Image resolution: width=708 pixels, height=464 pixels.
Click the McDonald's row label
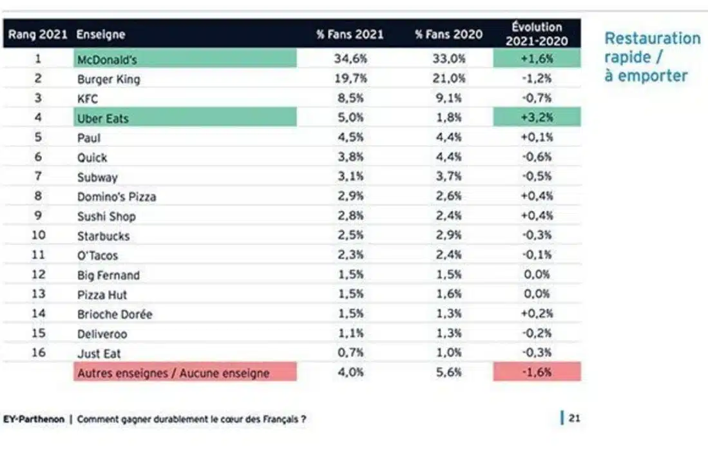pos(107,59)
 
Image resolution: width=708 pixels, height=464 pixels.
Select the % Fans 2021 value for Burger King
pos(350,79)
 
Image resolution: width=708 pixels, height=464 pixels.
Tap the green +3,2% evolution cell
pos(537,117)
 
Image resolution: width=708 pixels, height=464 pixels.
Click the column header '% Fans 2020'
pos(448,34)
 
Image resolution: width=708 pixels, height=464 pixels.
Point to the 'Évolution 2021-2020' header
pos(537,34)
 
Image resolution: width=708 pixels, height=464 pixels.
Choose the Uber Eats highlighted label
pos(103,118)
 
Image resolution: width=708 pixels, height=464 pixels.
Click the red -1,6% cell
pos(537,372)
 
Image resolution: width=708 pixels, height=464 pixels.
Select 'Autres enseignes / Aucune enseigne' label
pos(173,372)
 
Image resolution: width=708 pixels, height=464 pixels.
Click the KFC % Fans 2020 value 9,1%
pos(448,99)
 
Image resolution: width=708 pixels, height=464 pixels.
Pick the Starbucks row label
pos(103,236)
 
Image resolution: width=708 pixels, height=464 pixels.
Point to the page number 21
pos(573,418)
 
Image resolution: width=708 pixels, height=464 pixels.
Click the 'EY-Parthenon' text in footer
pos(33,419)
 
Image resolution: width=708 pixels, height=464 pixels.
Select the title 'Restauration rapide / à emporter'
pos(652,57)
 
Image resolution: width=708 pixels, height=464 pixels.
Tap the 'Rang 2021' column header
pos(38,34)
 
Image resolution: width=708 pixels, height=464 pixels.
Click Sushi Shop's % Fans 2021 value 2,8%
pos(350,216)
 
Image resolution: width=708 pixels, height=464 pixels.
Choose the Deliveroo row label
pos(102,334)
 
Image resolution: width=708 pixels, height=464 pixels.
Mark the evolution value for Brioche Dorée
pos(537,314)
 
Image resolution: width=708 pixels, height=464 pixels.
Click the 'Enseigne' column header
pos(100,34)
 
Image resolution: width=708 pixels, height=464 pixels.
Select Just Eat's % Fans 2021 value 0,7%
pos(350,353)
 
